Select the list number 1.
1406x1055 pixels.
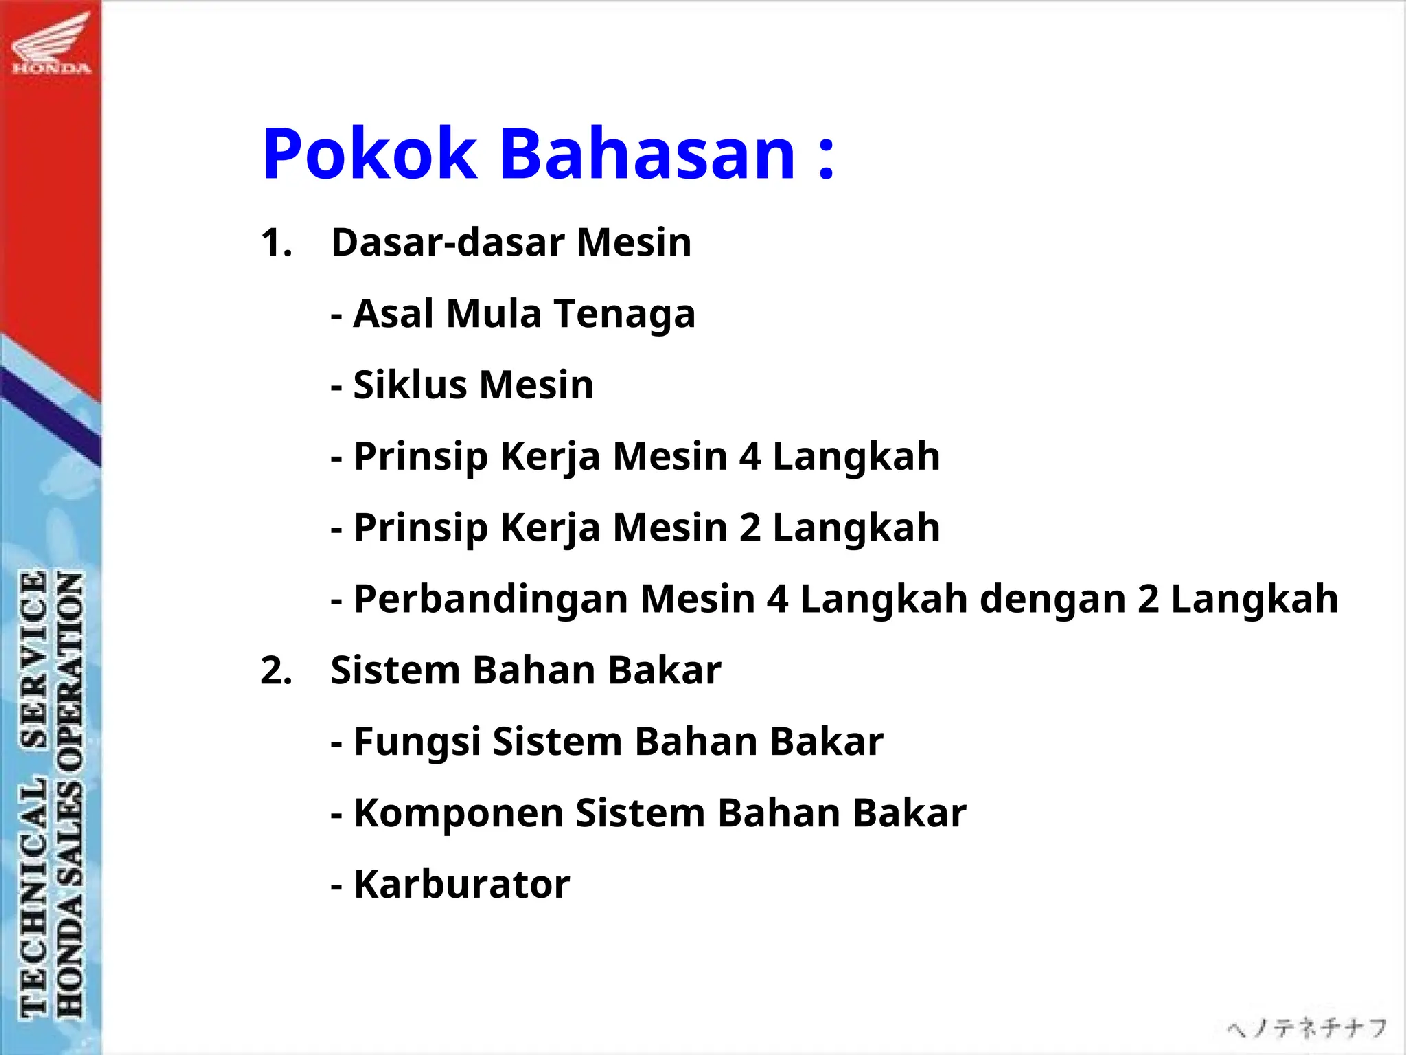pos(275,243)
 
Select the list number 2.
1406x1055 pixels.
pos(275,671)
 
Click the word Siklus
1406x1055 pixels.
pos(410,385)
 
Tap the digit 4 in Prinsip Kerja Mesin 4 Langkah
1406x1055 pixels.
pos(750,457)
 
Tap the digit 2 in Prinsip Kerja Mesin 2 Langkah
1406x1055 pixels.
pos(750,528)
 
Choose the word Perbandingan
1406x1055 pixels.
pos(491,600)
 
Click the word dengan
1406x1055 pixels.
pos(1052,600)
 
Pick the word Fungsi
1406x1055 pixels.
pos(417,742)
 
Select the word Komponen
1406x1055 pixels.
pos(459,814)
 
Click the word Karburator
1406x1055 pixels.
pos(461,885)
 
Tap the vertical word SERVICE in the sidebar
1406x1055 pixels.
pos(34,659)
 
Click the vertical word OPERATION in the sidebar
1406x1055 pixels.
pos(69,663)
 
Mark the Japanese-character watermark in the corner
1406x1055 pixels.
pos(1306,1028)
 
